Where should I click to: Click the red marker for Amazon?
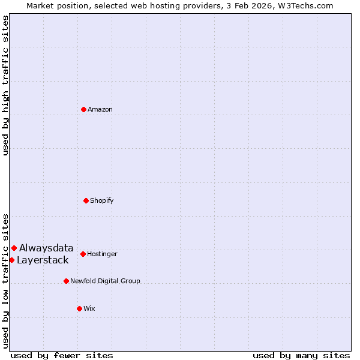click(x=83, y=109)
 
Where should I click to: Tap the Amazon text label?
click(x=100, y=109)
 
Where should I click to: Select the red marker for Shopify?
click(x=86, y=200)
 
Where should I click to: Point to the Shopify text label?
click(x=102, y=200)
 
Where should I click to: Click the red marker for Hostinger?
click(x=83, y=254)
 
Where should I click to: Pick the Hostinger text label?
click(x=102, y=254)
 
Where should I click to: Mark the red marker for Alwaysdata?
click(x=14, y=248)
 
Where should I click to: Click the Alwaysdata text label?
click(x=46, y=248)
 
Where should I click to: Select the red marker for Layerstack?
click(x=11, y=260)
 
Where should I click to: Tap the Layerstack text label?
click(x=43, y=260)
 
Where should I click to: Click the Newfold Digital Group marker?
click(x=66, y=281)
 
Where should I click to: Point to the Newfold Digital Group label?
click(x=105, y=281)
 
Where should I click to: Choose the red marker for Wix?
click(x=79, y=308)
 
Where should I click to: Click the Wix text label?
click(x=89, y=308)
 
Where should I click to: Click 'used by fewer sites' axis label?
click(x=62, y=355)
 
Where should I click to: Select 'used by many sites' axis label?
click(x=301, y=355)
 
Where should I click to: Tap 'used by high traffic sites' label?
click(x=5, y=85)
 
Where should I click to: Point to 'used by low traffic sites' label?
click(x=5, y=281)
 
